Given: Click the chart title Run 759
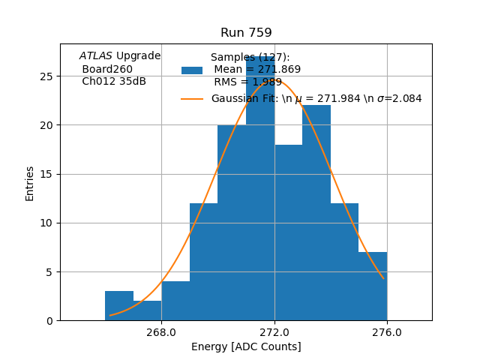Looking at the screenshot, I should pos(246,33).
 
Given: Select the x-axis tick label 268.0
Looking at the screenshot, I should pos(161,333).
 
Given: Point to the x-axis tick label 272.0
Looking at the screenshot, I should pos(274,333).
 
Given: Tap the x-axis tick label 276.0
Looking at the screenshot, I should pos(387,333).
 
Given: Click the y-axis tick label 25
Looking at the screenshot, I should pos(46,76).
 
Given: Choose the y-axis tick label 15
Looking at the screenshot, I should pos(46,174).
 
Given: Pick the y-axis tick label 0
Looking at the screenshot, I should pos(49,320).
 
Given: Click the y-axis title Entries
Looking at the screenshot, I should pos(30,182).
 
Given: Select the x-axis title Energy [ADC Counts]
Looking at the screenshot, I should pos(246,346).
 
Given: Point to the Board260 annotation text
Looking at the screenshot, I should pos(107,69).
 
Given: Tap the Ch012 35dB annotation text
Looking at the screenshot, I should pos(114,82).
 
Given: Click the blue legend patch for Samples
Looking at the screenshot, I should pos(192,70).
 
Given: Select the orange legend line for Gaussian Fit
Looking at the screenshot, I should pos(192,99).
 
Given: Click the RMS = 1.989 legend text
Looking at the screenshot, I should pos(248,82).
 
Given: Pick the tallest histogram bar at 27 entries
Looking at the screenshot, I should pos(260,187).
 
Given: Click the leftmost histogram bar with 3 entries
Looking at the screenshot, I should pos(119,305).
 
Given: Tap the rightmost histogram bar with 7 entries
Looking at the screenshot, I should pos(373,286).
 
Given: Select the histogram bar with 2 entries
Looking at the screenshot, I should pos(147,310).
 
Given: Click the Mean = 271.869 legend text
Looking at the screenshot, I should pos(257,70).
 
